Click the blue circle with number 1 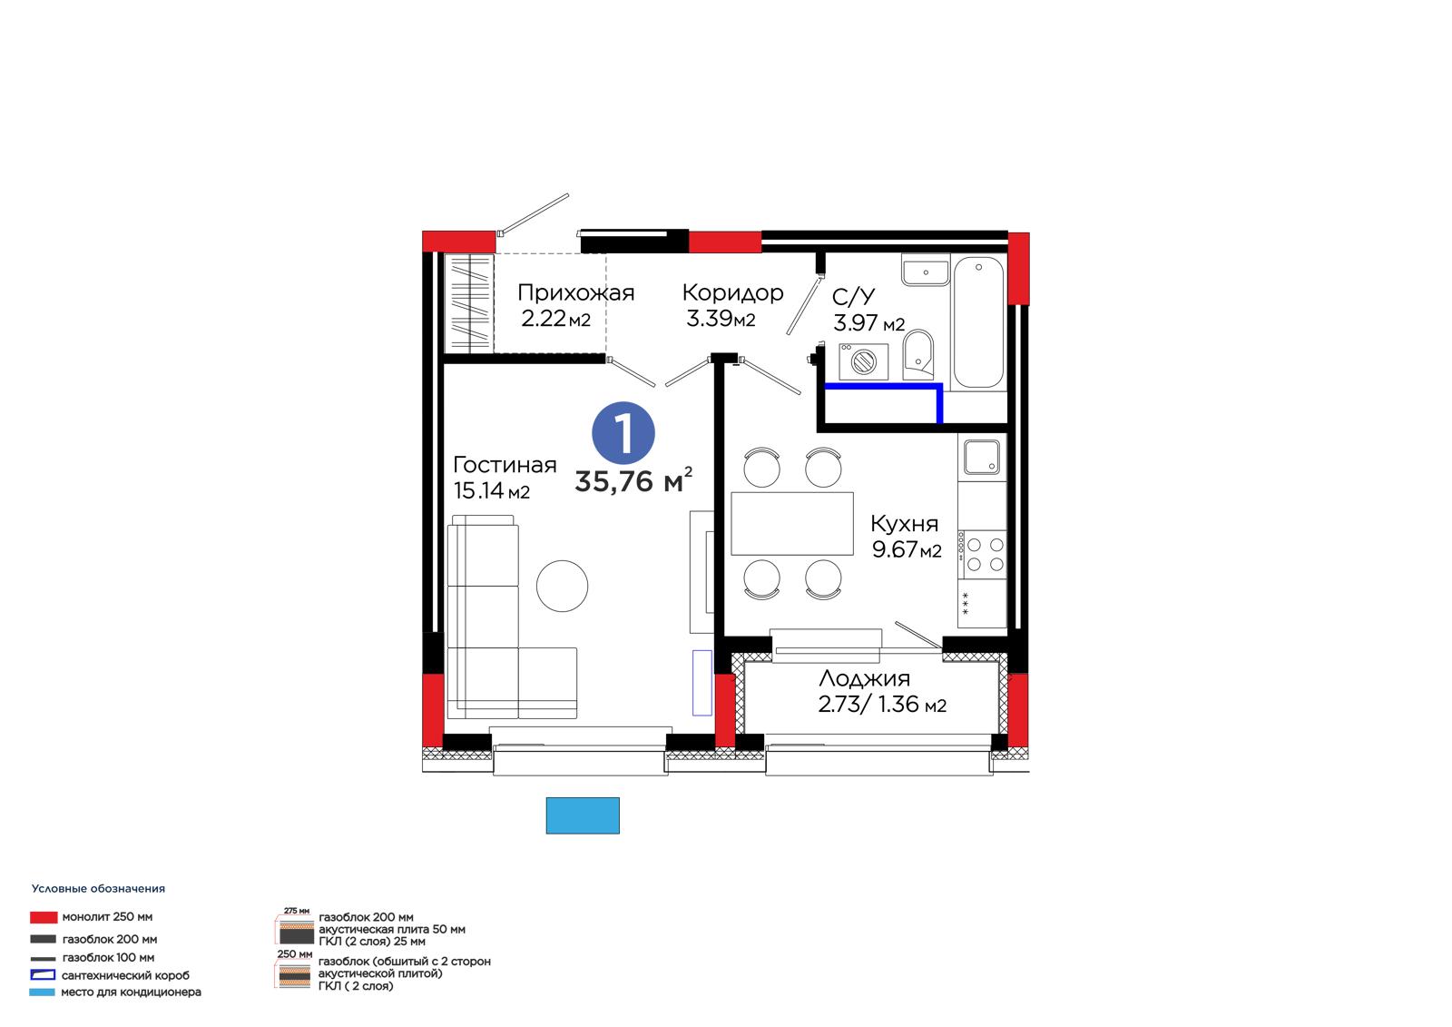pyautogui.click(x=623, y=433)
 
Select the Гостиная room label pyautogui.click(x=505, y=465)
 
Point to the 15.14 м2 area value pyautogui.click(x=491, y=490)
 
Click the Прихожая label pyautogui.click(x=575, y=292)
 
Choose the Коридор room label pyautogui.click(x=732, y=293)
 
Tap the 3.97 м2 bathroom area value pyautogui.click(x=868, y=322)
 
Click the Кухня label pyautogui.click(x=904, y=523)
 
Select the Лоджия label pyautogui.click(x=864, y=678)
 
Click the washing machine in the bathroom pyautogui.click(x=863, y=361)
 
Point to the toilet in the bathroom pyautogui.click(x=917, y=354)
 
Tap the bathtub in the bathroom pyautogui.click(x=978, y=322)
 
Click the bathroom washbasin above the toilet pyautogui.click(x=926, y=270)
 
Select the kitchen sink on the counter pyautogui.click(x=981, y=457)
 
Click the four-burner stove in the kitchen pyautogui.click(x=982, y=554)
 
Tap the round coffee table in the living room pyautogui.click(x=562, y=586)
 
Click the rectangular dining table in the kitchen pyautogui.click(x=792, y=523)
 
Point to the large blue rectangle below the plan pyautogui.click(x=583, y=815)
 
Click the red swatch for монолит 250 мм pyautogui.click(x=44, y=917)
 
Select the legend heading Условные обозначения pyautogui.click(x=99, y=889)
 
